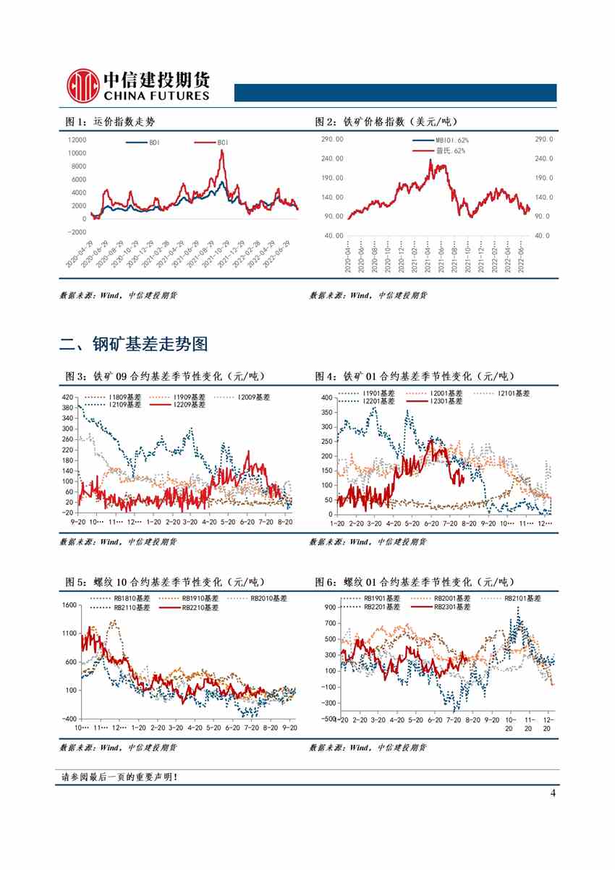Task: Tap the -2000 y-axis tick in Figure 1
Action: [x=76, y=232]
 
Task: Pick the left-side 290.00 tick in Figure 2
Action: [x=333, y=139]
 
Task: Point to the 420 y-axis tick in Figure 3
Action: [x=68, y=397]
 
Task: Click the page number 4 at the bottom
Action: [x=553, y=793]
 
